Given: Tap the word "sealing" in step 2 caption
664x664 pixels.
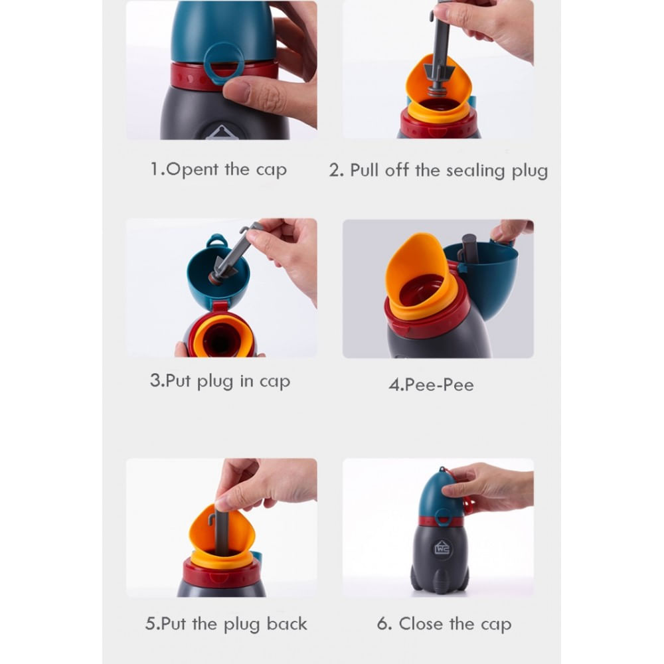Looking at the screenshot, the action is (475, 171).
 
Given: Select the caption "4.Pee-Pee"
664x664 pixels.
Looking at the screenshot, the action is (431, 385).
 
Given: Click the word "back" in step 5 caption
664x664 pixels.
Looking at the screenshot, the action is (287, 623).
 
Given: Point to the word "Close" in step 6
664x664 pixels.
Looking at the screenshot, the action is (422, 623).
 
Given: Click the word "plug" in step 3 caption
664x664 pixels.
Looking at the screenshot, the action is (215, 382).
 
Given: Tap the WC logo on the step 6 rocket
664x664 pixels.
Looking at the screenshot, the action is (442, 548).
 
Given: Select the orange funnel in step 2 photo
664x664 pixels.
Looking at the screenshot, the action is (438, 90).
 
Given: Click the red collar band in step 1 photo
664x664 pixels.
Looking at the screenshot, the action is (224, 76).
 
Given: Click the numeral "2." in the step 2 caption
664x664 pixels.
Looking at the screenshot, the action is (337, 171).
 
